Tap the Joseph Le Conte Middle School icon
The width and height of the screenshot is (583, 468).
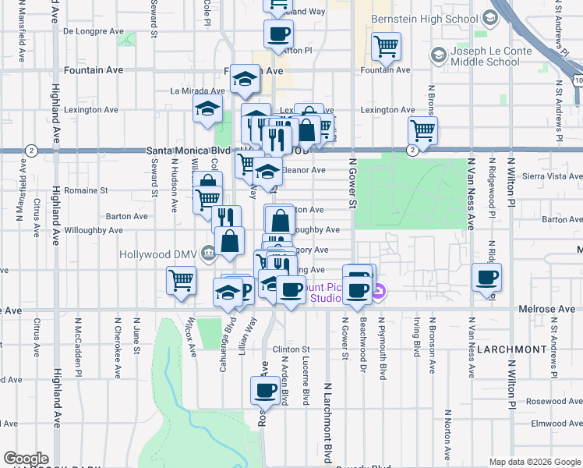(x=438, y=55)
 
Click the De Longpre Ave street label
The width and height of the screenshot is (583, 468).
(x=93, y=32)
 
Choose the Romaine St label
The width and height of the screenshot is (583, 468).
(x=87, y=190)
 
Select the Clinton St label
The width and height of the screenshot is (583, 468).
(x=291, y=349)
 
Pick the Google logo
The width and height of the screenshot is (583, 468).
(x=26, y=459)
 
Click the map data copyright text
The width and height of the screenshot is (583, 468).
(x=535, y=462)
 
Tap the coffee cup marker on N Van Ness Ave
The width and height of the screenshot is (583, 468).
(x=487, y=278)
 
